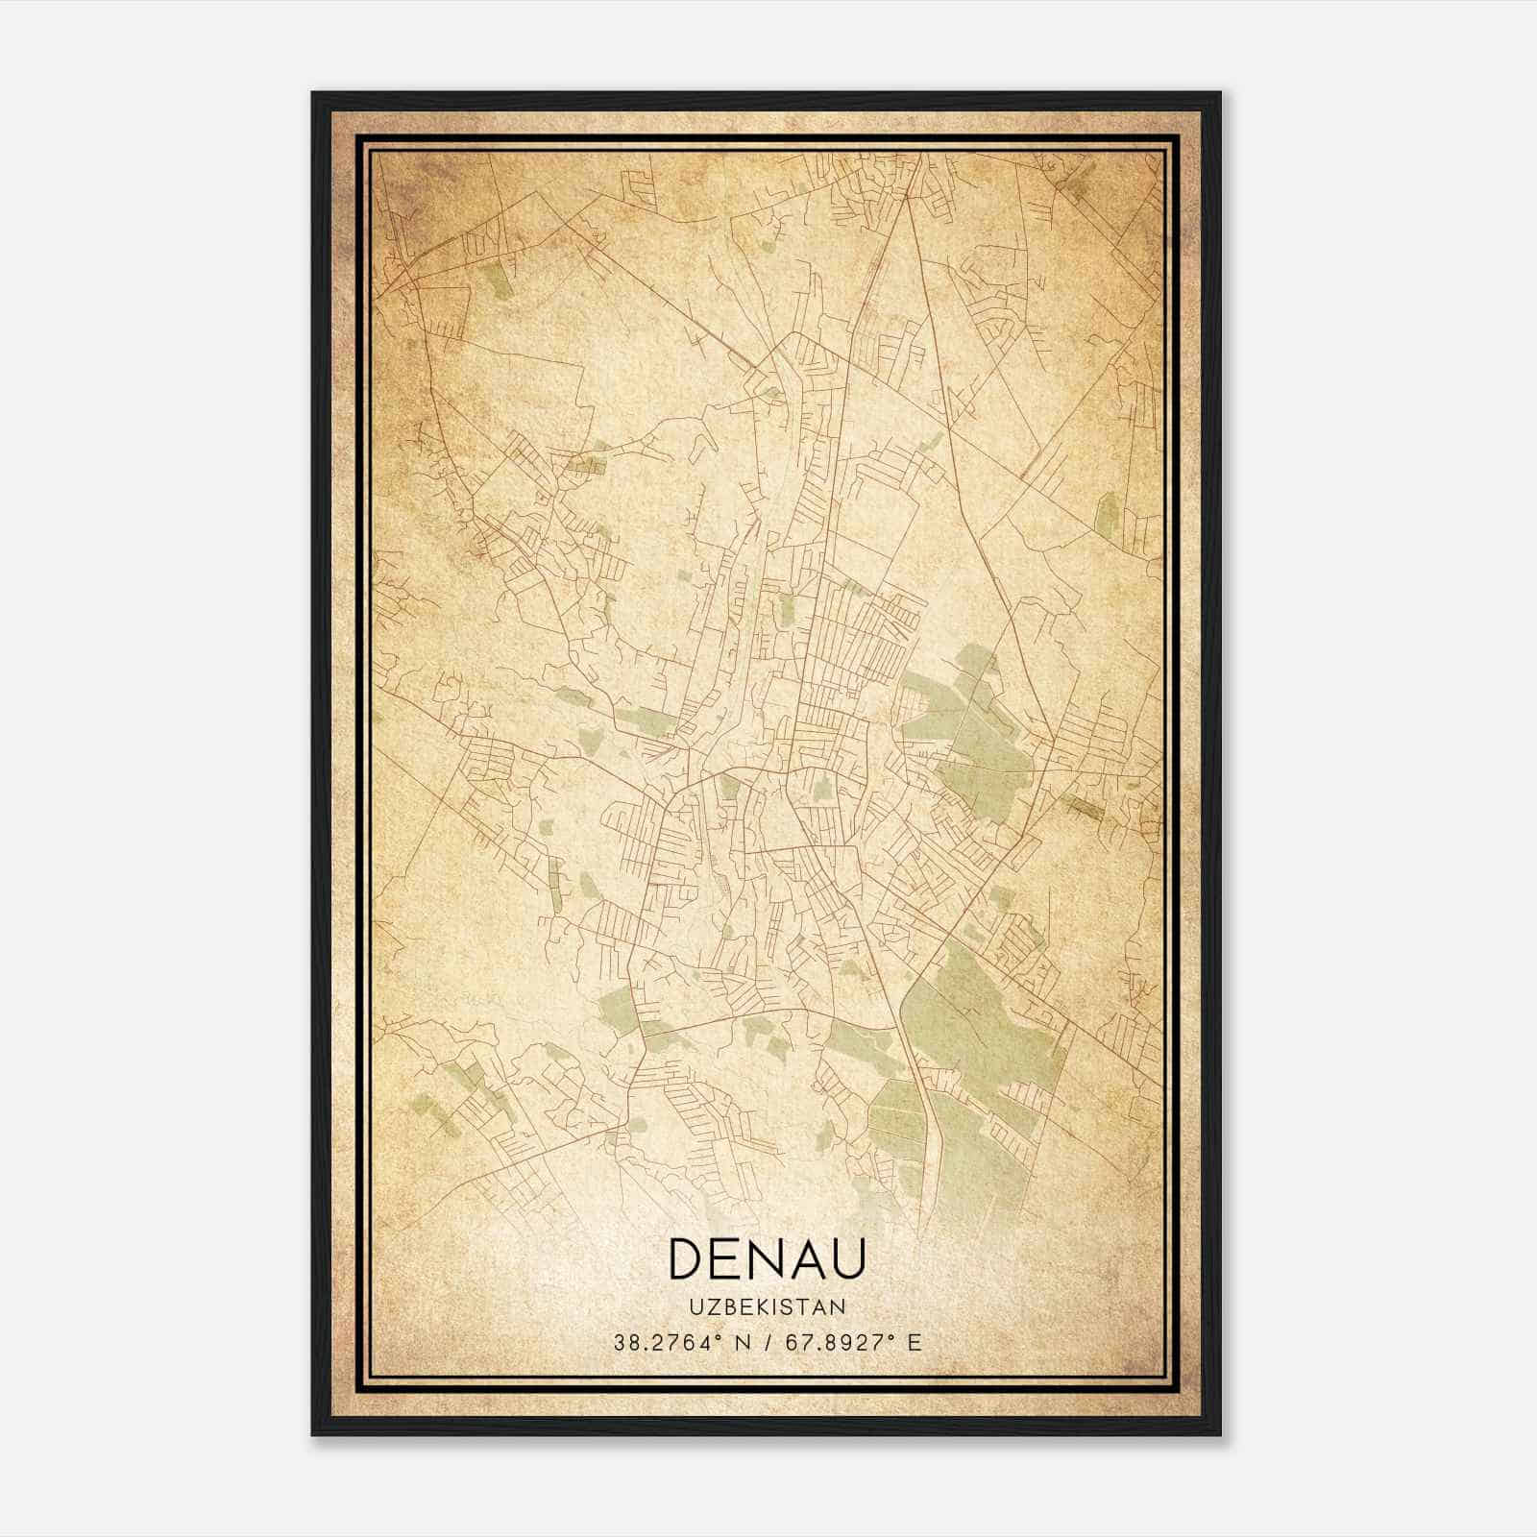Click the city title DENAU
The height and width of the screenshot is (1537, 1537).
point(768,1258)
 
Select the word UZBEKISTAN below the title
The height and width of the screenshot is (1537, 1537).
point(768,1307)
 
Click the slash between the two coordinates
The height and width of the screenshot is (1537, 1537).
point(765,1343)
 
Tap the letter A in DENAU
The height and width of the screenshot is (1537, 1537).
point(808,1258)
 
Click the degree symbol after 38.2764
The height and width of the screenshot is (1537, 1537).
point(718,1336)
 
